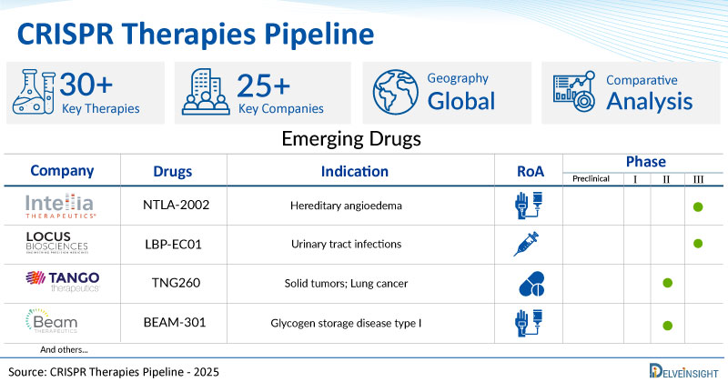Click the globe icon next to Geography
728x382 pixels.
click(x=394, y=93)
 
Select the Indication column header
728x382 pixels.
click(x=354, y=171)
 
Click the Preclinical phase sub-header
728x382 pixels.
click(x=593, y=179)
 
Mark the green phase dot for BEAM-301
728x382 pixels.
click(x=667, y=325)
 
